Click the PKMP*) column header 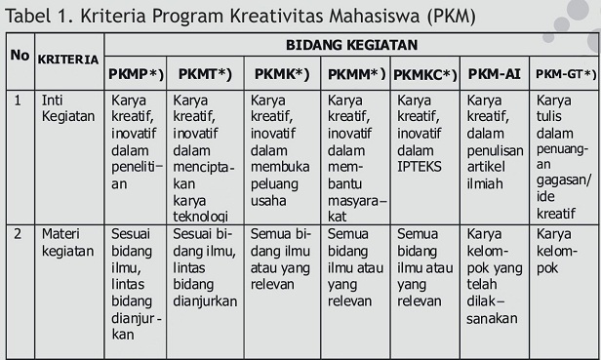tap(136, 74)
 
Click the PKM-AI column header tap(494, 74)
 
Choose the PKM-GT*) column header tap(563, 74)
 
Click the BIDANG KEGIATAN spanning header tap(351, 45)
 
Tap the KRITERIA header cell tap(68, 59)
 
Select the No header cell tap(20, 56)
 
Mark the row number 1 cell tap(18, 100)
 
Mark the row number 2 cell tap(18, 234)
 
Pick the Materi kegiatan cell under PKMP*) tap(135, 284)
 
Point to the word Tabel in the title tap(32, 14)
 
